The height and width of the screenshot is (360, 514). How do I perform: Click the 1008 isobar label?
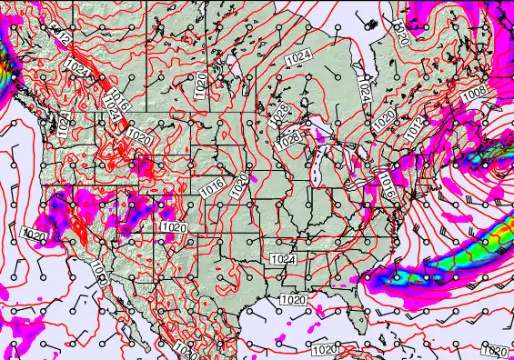point(474,94)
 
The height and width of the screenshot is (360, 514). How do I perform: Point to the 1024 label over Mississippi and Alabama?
point(283,259)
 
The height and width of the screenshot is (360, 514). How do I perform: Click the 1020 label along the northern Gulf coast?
point(292,299)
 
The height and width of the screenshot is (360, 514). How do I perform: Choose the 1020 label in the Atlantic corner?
point(494,351)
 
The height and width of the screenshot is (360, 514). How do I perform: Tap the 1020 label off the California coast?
point(34,235)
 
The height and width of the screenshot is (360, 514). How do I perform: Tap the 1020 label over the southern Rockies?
point(173,226)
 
